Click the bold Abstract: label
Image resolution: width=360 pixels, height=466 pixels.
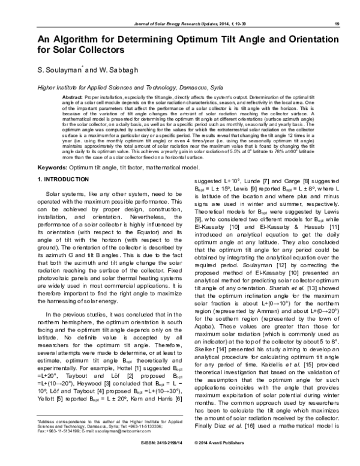73,97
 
